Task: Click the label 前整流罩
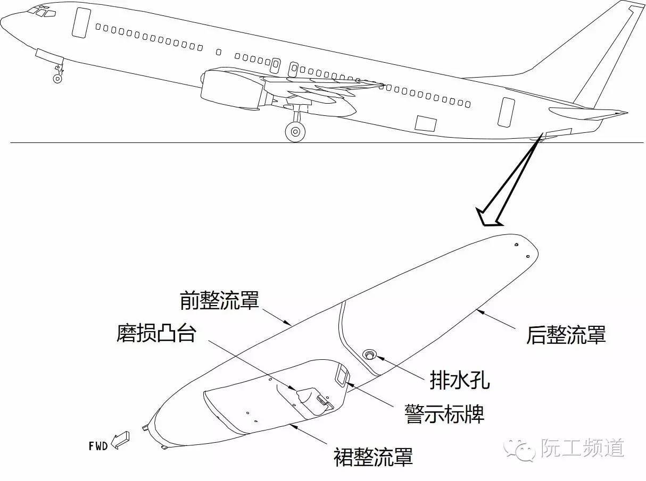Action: pos(220,301)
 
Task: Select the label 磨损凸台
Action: pos(156,334)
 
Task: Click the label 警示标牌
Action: pos(444,413)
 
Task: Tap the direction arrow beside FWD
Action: pos(120,440)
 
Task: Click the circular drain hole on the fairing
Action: pos(368,354)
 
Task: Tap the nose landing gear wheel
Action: pos(57,79)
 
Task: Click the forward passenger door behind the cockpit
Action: pos(81,23)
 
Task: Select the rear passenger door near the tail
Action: pos(506,112)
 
